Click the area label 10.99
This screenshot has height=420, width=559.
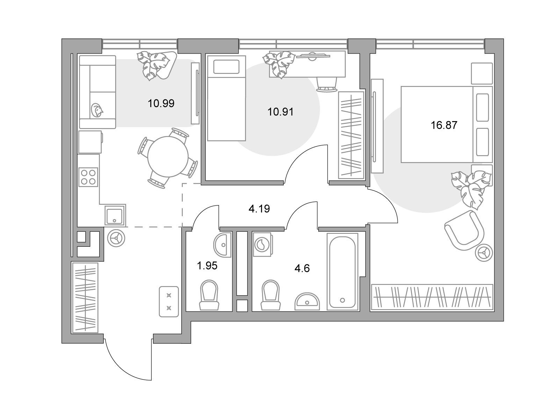tap(161, 104)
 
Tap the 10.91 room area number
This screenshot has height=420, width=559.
tap(281, 112)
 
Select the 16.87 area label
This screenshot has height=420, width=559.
tap(444, 125)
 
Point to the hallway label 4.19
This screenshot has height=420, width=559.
tap(259, 209)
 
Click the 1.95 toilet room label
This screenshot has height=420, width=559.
tap(207, 266)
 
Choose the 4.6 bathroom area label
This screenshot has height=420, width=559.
tap(302, 268)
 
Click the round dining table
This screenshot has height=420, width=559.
tap(168, 156)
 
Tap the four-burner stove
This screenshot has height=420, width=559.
tap(88, 177)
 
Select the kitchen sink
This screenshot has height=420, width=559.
tap(115, 215)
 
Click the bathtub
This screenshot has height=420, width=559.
tap(342, 272)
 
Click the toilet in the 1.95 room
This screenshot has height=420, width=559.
tap(209, 295)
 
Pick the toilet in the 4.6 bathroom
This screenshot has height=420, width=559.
tap(271, 295)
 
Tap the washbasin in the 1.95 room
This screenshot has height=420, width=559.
tap(223, 245)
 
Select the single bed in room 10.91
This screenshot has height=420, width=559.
tap(226, 98)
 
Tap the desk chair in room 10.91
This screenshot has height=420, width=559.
tap(326, 84)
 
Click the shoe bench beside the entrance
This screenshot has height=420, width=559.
tap(169, 301)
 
